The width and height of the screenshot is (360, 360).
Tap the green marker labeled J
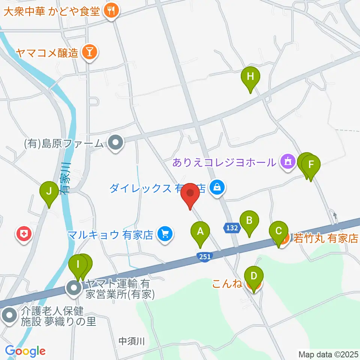coord(49,192)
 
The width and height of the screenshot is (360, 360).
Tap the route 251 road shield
coord(205,256)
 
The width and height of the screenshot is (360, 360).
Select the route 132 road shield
coord(232,228)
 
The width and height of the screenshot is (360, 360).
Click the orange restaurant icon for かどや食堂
coord(111,10)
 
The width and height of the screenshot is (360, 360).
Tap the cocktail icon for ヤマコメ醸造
coord(89,52)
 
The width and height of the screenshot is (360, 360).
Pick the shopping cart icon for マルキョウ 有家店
coord(164,235)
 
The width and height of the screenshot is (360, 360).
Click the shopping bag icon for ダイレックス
coord(217,186)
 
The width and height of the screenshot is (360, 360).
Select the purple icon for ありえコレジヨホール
coord(288,162)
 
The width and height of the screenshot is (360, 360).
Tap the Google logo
coord(25,351)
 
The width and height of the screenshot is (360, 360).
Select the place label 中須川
coord(131,341)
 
